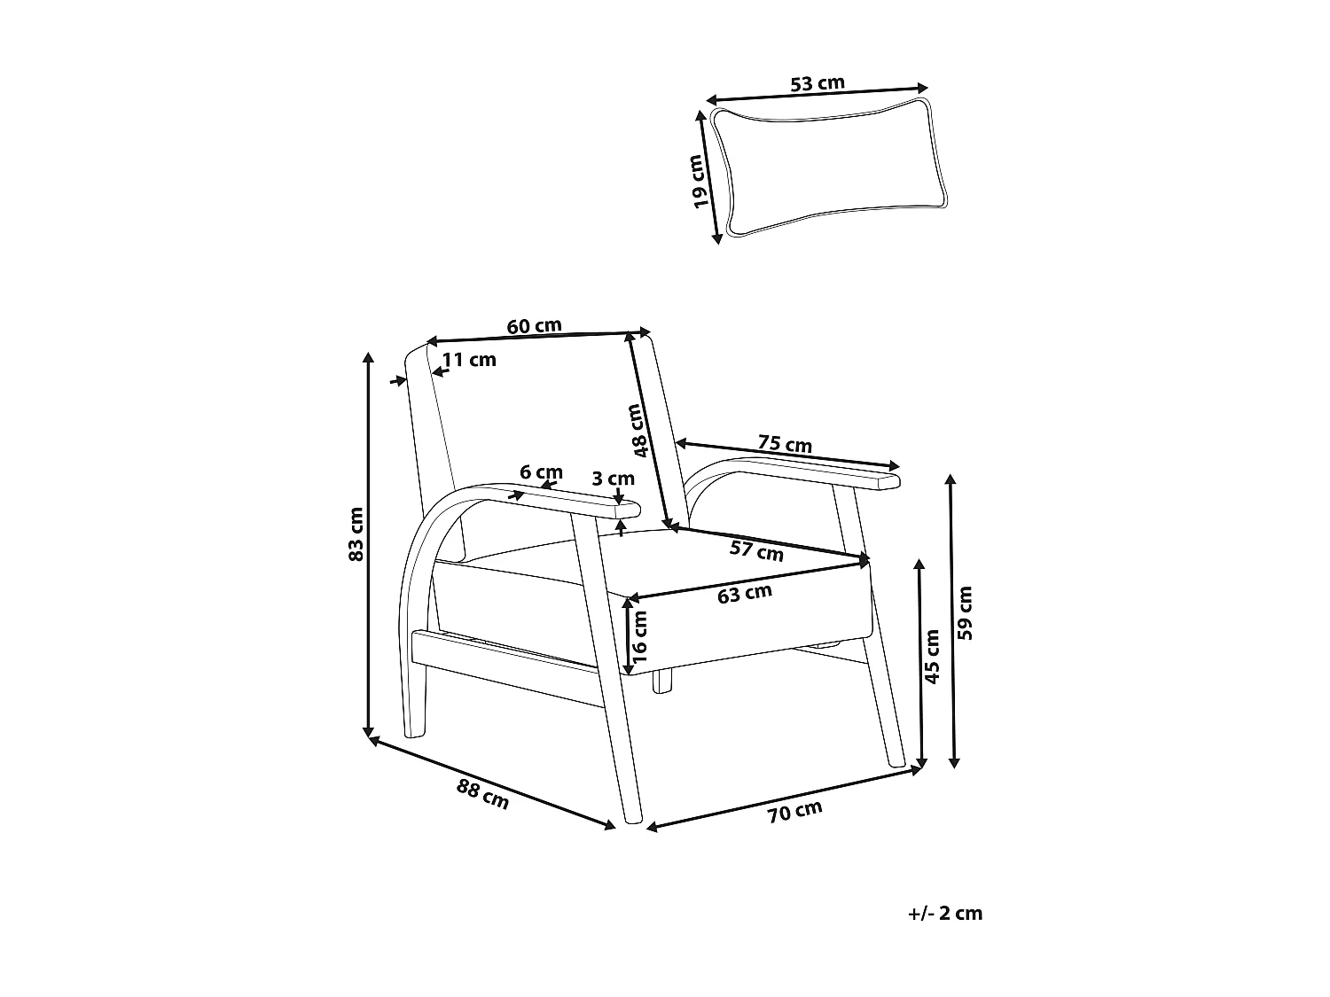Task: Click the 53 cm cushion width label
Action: click(x=817, y=84)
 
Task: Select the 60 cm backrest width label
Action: click(x=534, y=326)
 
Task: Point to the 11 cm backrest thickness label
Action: click(x=469, y=360)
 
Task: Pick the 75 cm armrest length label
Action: click(x=785, y=442)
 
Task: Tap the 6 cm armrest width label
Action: click(x=541, y=472)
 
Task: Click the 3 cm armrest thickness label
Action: click(x=613, y=479)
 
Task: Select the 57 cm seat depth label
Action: click(x=756, y=550)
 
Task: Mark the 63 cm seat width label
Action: click(x=745, y=594)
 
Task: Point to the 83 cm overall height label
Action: click(x=355, y=534)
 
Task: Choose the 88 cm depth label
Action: click(x=483, y=793)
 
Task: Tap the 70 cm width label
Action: click(x=794, y=811)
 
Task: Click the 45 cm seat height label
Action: click(x=932, y=656)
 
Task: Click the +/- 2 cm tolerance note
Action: click(x=945, y=914)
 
